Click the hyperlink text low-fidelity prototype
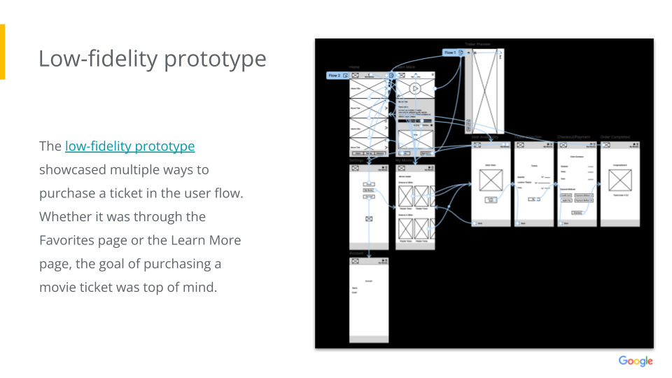click(x=129, y=146)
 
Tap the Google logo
click(x=635, y=361)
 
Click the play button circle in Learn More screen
click(x=415, y=88)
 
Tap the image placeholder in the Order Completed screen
click(x=620, y=180)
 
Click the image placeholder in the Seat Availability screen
click(x=491, y=180)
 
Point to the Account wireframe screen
click(x=368, y=301)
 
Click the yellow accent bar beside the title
click(x=2, y=51)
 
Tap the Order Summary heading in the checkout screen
click(x=577, y=157)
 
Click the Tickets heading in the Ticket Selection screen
click(x=535, y=167)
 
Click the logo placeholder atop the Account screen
click(x=355, y=261)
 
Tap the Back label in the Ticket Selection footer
click(x=523, y=223)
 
